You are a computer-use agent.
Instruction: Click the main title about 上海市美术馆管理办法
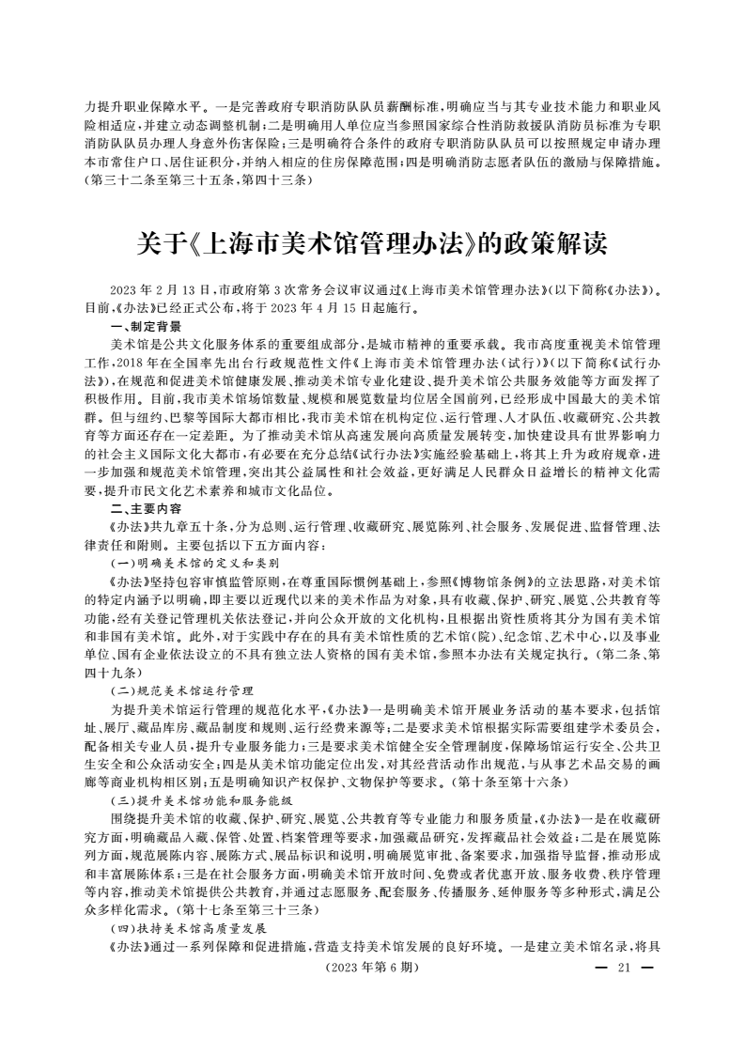click(372, 245)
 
